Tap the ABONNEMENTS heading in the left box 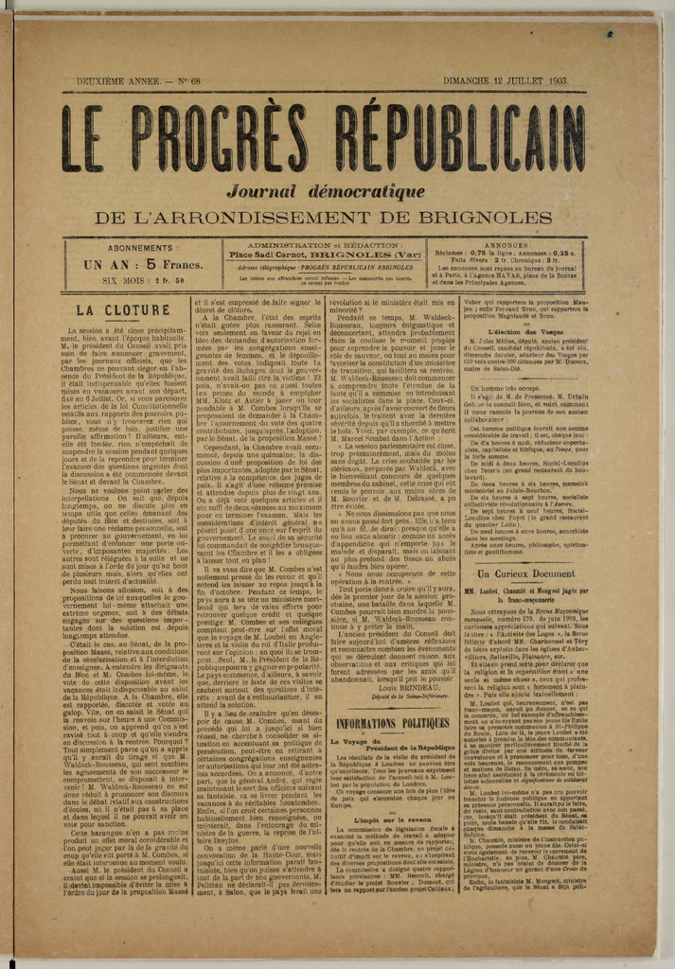(140, 248)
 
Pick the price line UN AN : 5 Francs (143, 265)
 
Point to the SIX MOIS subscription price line (143, 280)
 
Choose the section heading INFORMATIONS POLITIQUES (392, 724)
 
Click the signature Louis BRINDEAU (411, 688)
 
